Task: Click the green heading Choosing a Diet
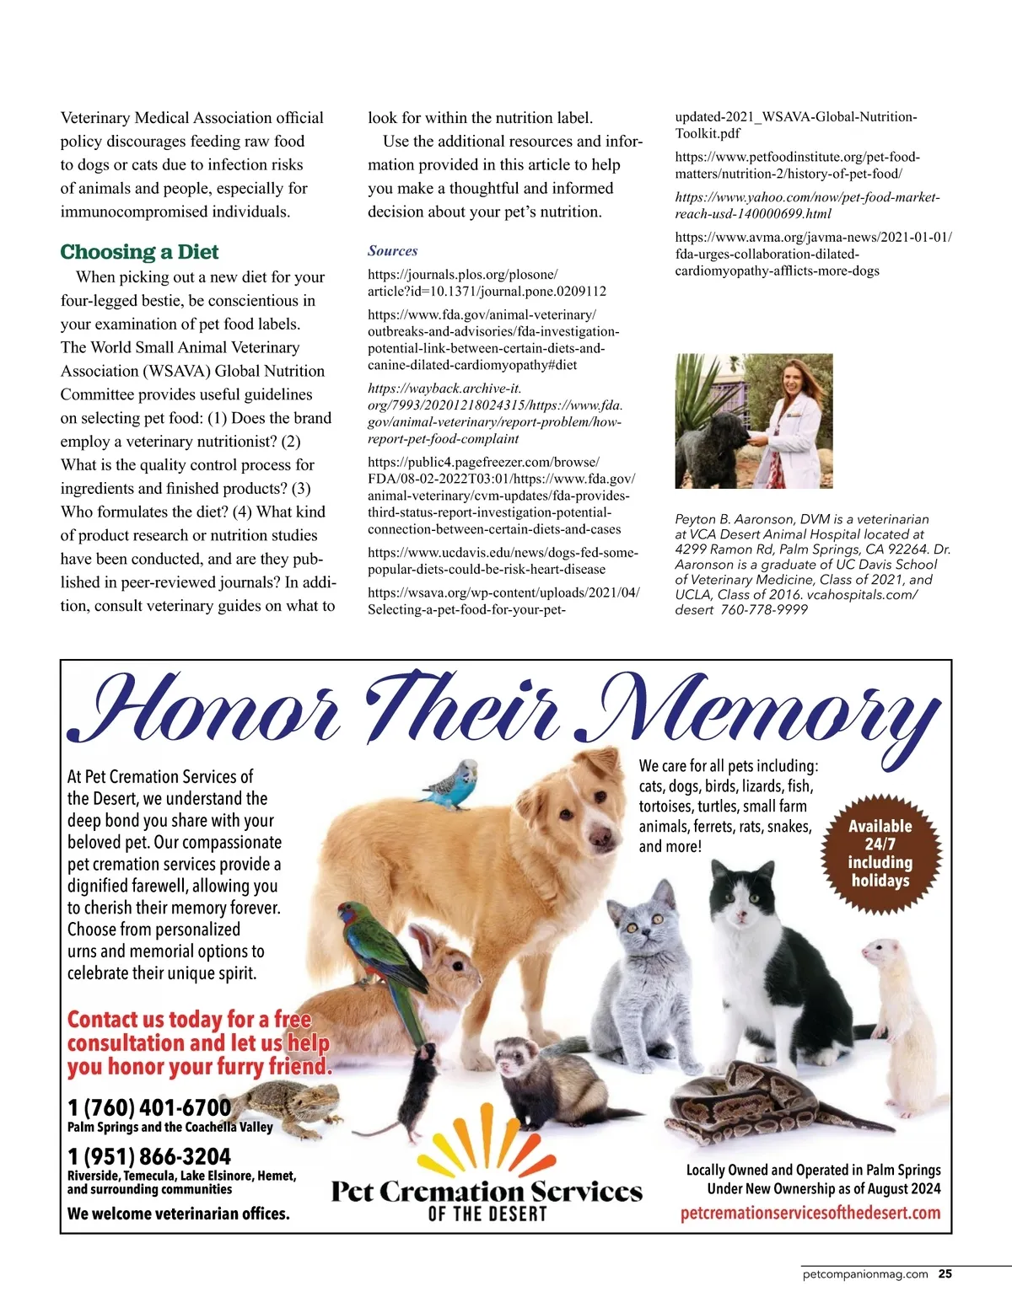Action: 139,252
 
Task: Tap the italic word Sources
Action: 392,250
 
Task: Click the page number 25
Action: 945,1274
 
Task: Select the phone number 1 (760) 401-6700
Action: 149,1107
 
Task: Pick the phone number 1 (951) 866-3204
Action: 149,1155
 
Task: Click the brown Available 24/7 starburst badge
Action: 880,853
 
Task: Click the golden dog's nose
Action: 600,837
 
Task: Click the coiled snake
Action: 751,1100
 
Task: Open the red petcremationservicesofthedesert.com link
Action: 810,1213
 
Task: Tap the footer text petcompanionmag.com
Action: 865,1274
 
